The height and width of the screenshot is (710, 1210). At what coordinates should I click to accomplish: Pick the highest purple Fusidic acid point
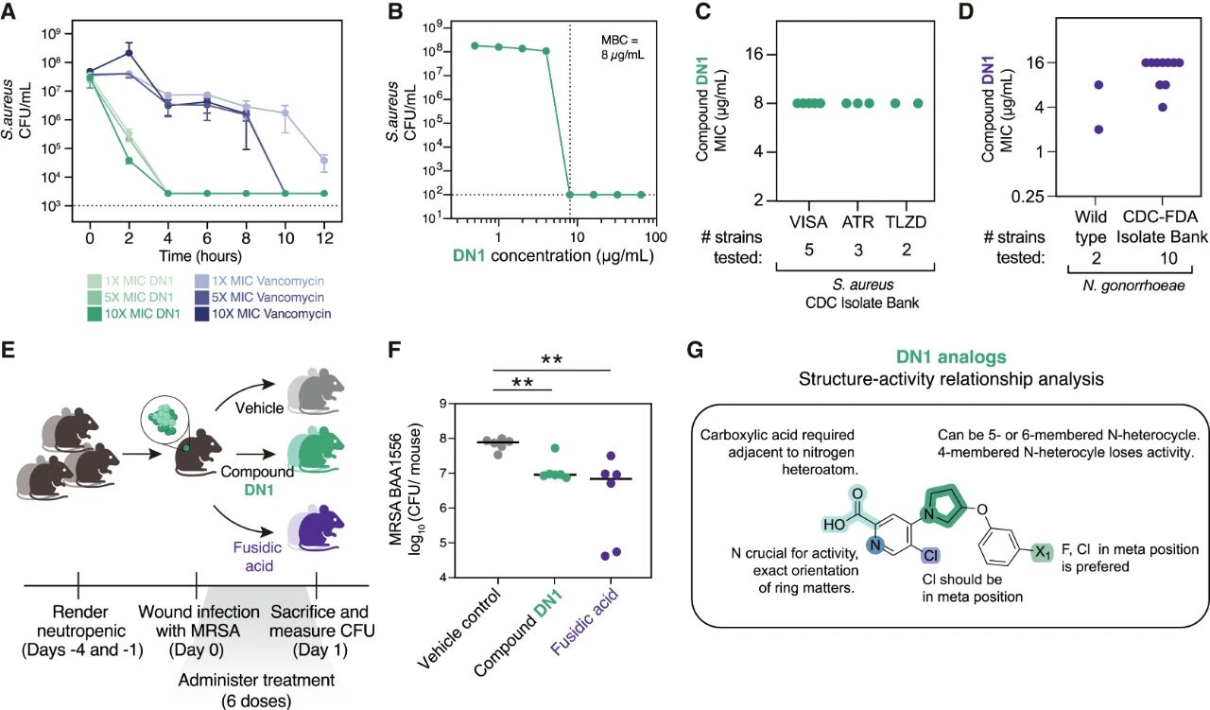pyautogui.click(x=611, y=456)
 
